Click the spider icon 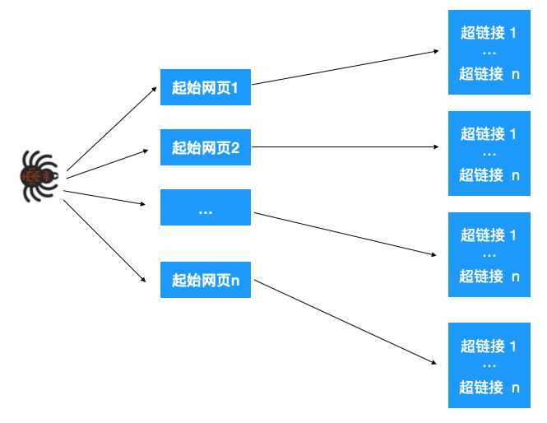[x=38, y=175]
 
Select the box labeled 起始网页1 [x=205, y=87]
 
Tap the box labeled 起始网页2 [x=205, y=148]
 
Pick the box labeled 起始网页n [x=205, y=280]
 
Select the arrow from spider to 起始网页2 [x=111, y=163]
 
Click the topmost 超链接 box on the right [x=489, y=53]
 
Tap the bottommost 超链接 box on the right [x=489, y=365]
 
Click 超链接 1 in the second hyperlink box [x=489, y=134]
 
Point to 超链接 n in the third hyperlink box [x=489, y=277]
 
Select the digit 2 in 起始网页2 [x=235, y=148]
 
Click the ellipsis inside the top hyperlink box [x=489, y=53]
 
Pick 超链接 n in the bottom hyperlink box [x=489, y=388]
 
